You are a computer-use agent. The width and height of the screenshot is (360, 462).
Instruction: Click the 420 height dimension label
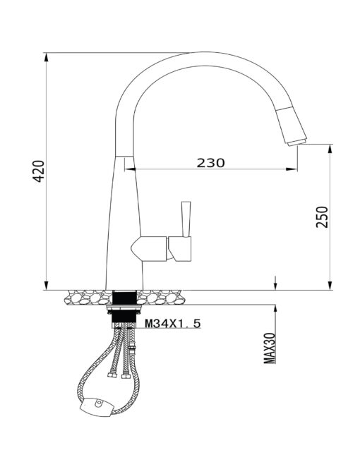click(x=39, y=171)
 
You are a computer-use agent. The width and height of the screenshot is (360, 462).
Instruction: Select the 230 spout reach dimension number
click(x=210, y=163)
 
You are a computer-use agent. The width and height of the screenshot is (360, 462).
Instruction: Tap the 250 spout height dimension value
click(x=322, y=217)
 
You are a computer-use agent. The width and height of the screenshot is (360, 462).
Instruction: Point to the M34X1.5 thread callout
click(x=173, y=324)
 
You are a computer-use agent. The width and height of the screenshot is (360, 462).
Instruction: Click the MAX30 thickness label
click(x=270, y=348)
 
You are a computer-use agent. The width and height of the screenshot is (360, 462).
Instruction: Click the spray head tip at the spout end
click(x=297, y=142)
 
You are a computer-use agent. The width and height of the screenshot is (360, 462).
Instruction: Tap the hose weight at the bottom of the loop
click(x=96, y=406)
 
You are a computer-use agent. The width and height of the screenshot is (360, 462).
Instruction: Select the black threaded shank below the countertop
click(x=124, y=309)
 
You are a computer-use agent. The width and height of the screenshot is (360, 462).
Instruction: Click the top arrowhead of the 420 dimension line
click(x=47, y=57)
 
